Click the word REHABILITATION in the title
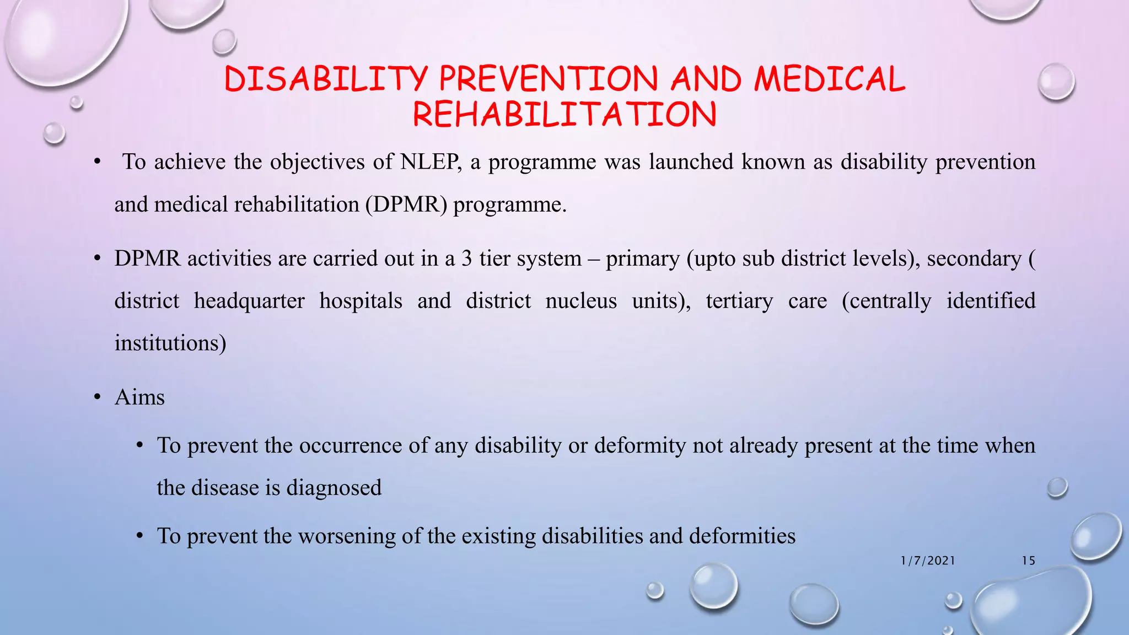pos(564,115)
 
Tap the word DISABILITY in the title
pos(326,79)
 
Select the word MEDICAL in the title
pos(830,79)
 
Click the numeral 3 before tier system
pos(467,259)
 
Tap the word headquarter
pos(249,301)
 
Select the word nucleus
pos(581,301)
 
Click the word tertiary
pos(739,301)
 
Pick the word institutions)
pos(170,343)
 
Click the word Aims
pos(139,397)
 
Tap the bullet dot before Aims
pos(98,397)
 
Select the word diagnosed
pos(334,488)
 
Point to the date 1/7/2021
pos(928,561)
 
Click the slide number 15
pos(1028,561)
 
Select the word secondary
pos(974,259)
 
